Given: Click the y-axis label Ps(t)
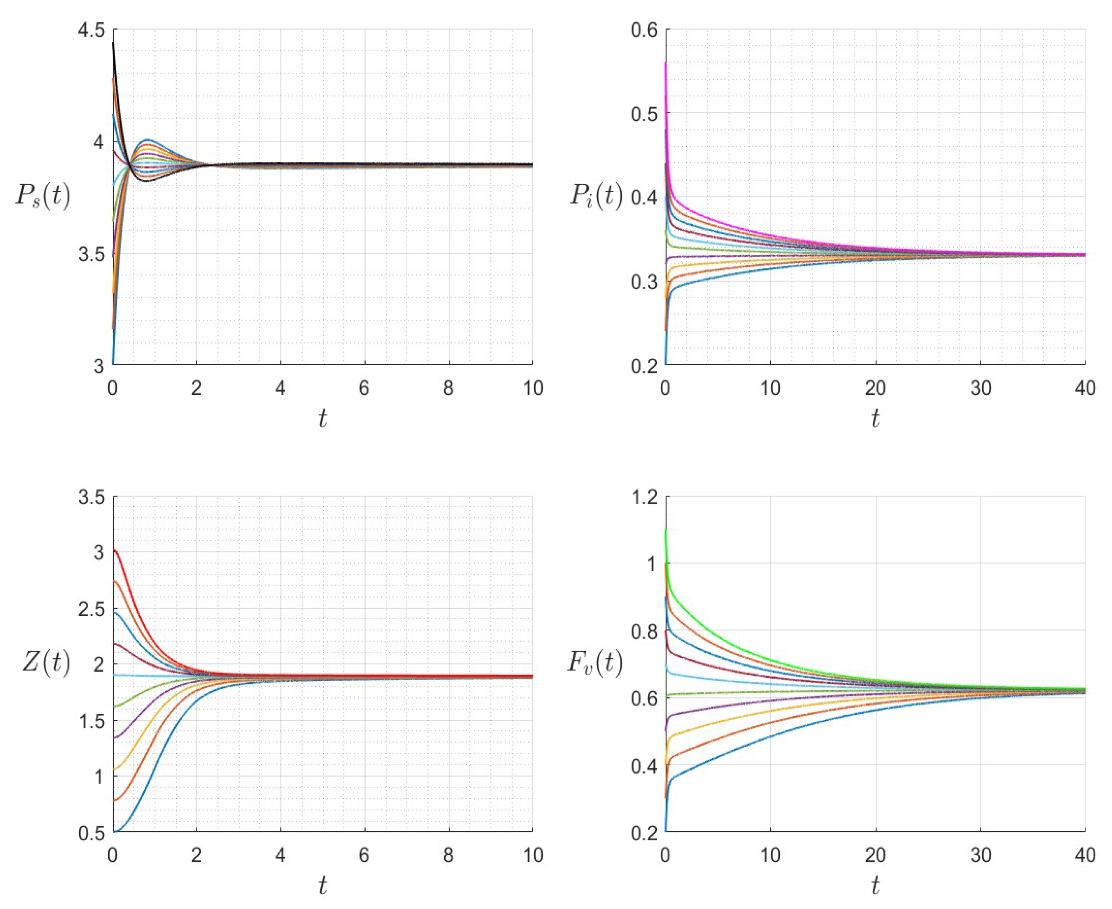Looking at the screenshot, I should click(43, 196).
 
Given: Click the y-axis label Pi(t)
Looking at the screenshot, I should click(596, 196).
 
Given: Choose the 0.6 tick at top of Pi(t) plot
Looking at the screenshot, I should click(644, 30).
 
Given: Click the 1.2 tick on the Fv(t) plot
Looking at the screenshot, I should click(644, 497).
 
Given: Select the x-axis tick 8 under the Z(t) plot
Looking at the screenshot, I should click(448, 856).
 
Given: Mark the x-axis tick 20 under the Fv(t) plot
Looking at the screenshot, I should click(875, 856).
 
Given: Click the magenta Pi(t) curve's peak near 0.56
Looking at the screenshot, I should click(666, 63).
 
